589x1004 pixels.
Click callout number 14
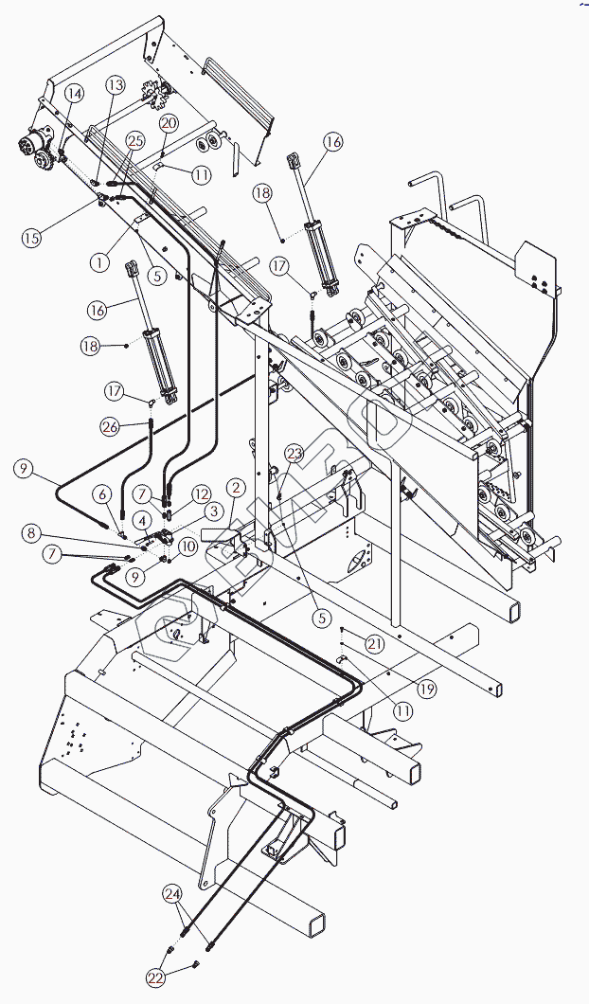tap(74, 93)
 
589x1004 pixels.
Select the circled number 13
tap(115, 85)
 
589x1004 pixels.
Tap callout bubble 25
tap(135, 140)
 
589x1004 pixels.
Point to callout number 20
tap(169, 123)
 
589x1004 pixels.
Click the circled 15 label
tap(33, 237)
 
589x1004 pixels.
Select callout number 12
tap(201, 493)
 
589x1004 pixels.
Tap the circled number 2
tap(236, 488)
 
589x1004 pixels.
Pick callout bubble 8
tap(32, 533)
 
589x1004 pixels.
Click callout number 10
tap(187, 546)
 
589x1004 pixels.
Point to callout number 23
tap(294, 454)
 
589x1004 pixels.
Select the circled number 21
tap(375, 645)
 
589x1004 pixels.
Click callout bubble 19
tap(427, 689)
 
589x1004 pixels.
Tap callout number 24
tap(171, 892)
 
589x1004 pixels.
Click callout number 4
tap(140, 520)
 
